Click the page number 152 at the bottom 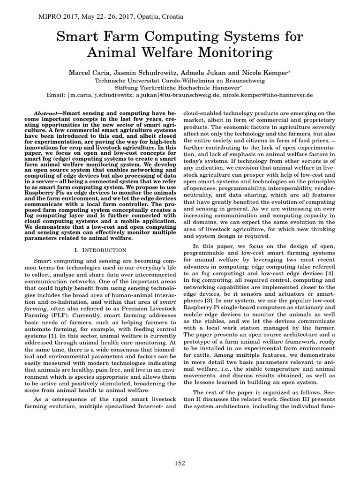[x=180, y=463]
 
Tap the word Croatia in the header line [x=171, y=17]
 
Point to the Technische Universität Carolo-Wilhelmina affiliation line [x=180, y=80]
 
